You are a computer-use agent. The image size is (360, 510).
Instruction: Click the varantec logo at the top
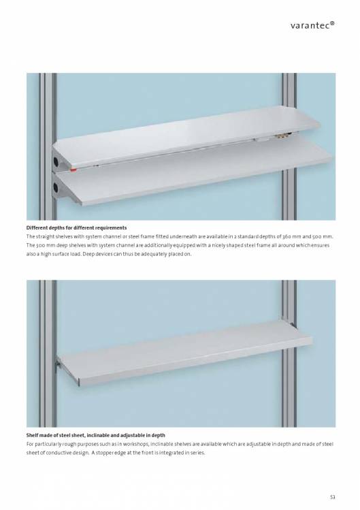(x=312, y=25)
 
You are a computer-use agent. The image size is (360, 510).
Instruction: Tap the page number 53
(x=332, y=497)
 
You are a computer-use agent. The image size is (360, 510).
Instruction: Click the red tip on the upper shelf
(x=73, y=170)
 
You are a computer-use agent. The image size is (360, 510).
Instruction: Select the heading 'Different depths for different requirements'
(x=76, y=227)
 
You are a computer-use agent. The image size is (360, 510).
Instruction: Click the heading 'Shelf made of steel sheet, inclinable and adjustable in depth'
(x=95, y=435)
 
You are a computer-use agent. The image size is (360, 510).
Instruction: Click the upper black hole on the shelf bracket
(x=56, y=161)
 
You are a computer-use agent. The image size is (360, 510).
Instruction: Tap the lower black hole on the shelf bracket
(x=56, y=187)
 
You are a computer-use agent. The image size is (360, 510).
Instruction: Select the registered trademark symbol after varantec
(x=332, y=23)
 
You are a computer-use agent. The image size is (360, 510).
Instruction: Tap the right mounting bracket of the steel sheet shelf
(x=293, y=325)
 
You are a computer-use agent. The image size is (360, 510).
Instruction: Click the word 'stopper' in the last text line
(x=104, y=453)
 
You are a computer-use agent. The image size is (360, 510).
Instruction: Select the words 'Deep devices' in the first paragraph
(x=97, y=254)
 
